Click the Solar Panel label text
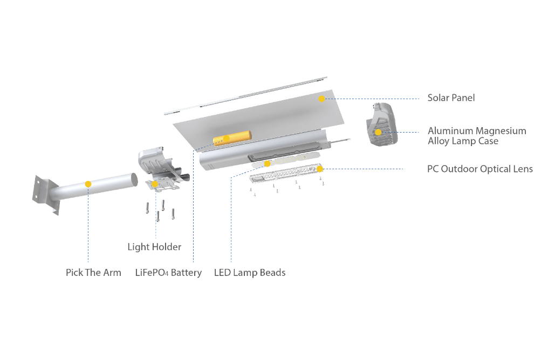(x=451, y=98)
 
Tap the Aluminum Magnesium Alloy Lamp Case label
(x=477, y=136)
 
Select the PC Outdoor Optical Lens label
(x=480, y=169)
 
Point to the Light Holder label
(x=154, y=247)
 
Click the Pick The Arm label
(x=93, y=273)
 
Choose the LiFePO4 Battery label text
(x=168, y=273)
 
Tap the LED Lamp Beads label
(x=250, y=273)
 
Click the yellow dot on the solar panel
(x=321, y=99)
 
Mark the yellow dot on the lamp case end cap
(x=378, y=132)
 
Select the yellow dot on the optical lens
(x=319, y=169)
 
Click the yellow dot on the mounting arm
(x=88, y=184)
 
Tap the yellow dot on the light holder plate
(x=155, y=184)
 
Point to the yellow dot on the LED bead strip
(x=268, y=164)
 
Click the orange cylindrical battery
(x=232, y=138)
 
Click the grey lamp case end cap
(x=382, y=124)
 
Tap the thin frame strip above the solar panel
(x=245, y=95)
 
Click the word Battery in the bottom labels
(x=186, y=273)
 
